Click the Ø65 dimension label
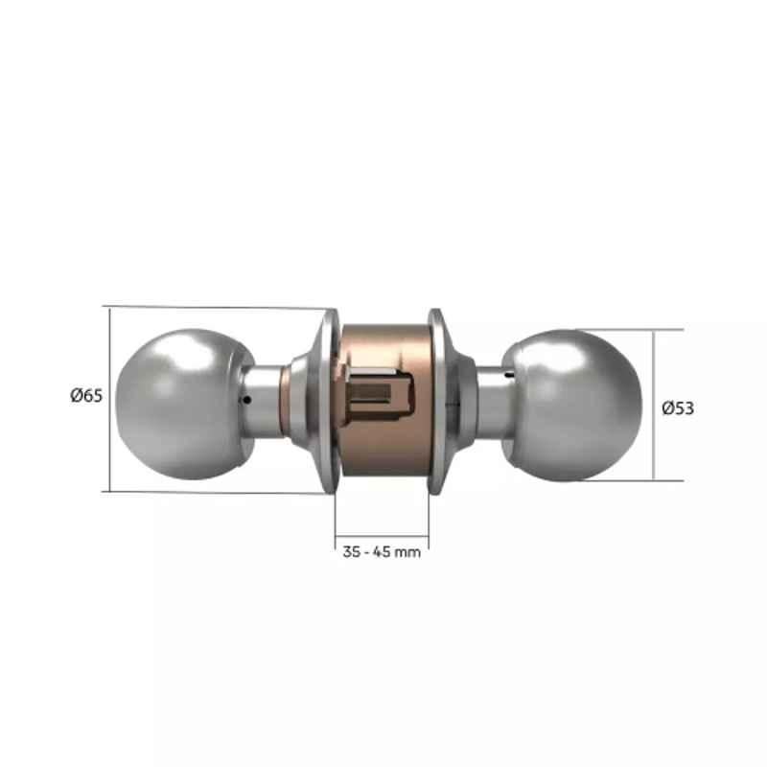(x=86, y=395)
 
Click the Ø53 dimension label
(x=678, y=408)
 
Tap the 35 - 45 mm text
(x=382, y=552)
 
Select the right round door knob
(x=572, y=405)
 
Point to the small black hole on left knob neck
(x=247, y=400)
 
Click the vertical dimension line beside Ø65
(x=109, y=399)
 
